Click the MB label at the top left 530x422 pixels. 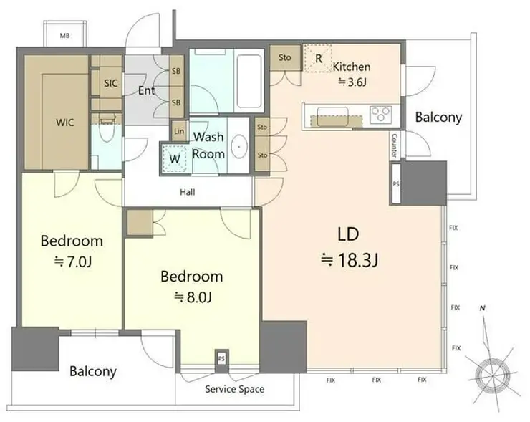pos(64,35)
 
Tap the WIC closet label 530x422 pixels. pos(65,122)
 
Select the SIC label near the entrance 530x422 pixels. pos(111,83)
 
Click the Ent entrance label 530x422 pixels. pos(146,90)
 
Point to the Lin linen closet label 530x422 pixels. pos(179,131)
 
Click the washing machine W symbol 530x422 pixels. pos(175,159)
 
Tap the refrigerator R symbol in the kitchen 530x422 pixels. pos(318,59)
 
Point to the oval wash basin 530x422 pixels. pos(239,146)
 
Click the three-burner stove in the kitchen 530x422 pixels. pos(380,114)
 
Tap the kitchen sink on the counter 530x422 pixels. pos(332,116)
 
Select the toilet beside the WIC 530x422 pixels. pos(107,130)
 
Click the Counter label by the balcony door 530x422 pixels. pos(394,145)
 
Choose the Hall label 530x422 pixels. pos(187,193)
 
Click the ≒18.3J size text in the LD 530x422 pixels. pos(350,260)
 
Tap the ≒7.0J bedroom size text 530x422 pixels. pos(73,262)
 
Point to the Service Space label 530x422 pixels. pos(235,389)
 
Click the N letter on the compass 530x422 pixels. pos(483,308)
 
